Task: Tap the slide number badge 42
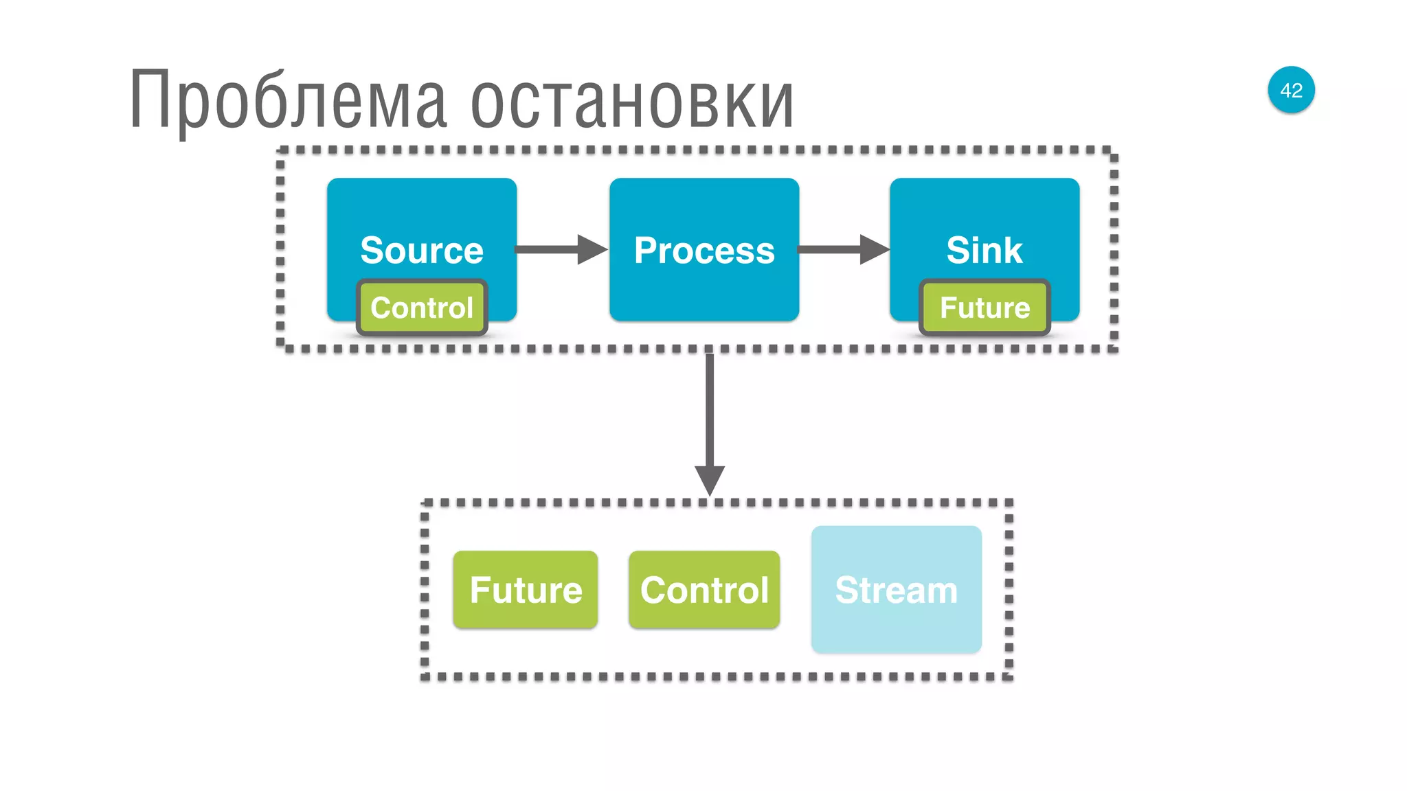pyautogui.click(x=1291, y=90)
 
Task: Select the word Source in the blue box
pyautogui.click(x=422, y=250)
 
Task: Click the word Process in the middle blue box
pyautogui.click(x=704, y=250)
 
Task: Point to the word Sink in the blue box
pyautogui.click(x=984, y=250)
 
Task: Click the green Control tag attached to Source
pyautogui.click(x=422, y=308)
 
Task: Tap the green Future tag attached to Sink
pyautogui.click(x=984, y=308)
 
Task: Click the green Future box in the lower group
pyautogui.click(x=526, y=590)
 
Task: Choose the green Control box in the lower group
pyautogui.click(x=704, y=590)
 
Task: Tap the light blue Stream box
pyautogui.click(x=896, y=590)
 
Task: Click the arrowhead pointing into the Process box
pyautogui.click(x=592, y=249)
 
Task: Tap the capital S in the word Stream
pyautogui.click(x=846, y=590)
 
